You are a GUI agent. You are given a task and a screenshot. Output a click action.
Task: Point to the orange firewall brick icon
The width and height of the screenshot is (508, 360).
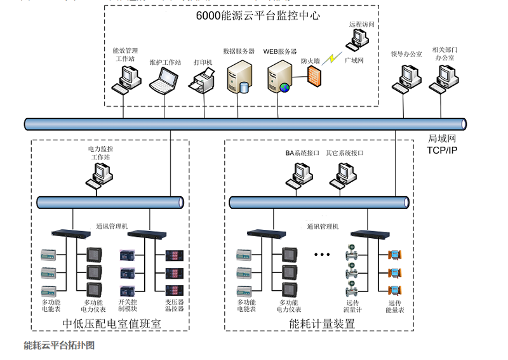click(x=314, y=76)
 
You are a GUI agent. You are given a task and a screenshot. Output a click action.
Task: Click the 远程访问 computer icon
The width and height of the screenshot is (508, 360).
click(x=357, y=40)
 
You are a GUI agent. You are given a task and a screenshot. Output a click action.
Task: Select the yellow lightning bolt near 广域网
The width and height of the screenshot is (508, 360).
click(x=330, y=59)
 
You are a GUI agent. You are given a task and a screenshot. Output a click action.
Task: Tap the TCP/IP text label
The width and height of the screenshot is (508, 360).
click(x=441, y=150)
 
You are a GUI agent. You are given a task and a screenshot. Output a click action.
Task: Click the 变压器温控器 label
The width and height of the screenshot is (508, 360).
click(x=175, y=305)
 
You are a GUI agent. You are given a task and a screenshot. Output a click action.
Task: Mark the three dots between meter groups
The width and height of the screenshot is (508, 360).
click(x=322, y=255)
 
